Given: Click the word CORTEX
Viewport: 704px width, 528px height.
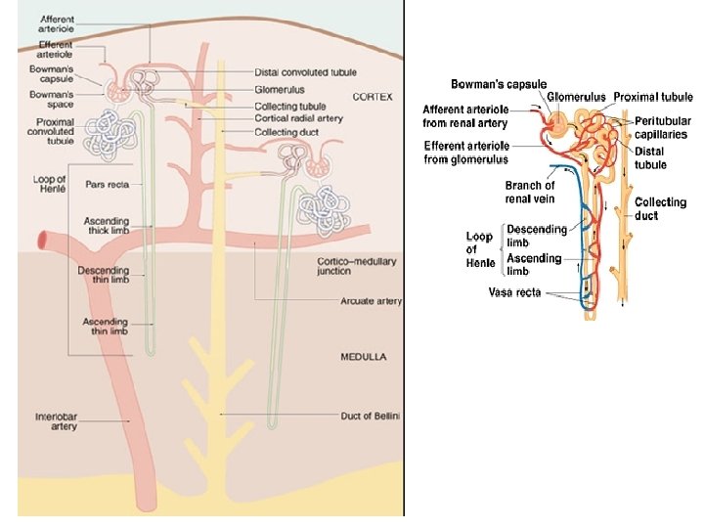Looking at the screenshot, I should pos(373,98).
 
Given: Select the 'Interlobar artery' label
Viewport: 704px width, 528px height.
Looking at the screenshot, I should pos(56,421).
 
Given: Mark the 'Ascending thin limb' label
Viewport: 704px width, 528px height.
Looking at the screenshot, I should pos(105,327).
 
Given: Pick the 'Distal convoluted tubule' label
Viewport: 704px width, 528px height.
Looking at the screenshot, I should pos(305,72).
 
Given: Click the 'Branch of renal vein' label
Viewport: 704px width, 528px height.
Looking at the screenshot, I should pos(530,192).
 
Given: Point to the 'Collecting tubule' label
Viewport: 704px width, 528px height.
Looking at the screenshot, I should pos(290,106).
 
